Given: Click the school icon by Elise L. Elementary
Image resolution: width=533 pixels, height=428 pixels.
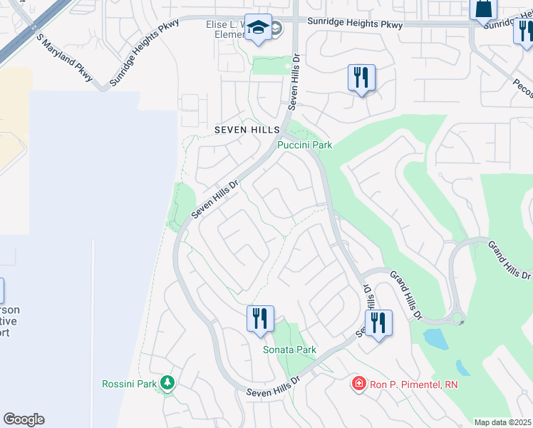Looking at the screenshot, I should [x=258, y=29].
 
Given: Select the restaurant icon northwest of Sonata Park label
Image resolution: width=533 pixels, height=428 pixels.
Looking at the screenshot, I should [x=260, y=317].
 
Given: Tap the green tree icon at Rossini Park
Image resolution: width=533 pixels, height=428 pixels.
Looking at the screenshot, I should [x=167, y=383].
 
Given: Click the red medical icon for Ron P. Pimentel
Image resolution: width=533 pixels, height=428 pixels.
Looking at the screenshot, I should [x=359, y=384].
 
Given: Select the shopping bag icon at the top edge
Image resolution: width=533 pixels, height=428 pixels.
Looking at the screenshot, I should [x=483, y=9].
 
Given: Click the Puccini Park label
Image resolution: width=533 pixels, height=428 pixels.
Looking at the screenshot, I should [x=305, y=146].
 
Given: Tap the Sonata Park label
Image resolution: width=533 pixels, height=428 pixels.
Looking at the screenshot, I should [x=289, y=350].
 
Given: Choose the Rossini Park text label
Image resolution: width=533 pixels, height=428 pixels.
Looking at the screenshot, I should [x=128, y=384].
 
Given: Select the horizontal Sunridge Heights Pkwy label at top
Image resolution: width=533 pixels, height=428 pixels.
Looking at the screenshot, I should [x=355, y=23].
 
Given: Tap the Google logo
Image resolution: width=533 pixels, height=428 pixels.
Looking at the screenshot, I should [x=24, y=419].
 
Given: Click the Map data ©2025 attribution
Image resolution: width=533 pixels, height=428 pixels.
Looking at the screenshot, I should [x=502, y=422].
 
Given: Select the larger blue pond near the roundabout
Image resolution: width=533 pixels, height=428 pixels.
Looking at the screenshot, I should [x=436, y=340].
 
